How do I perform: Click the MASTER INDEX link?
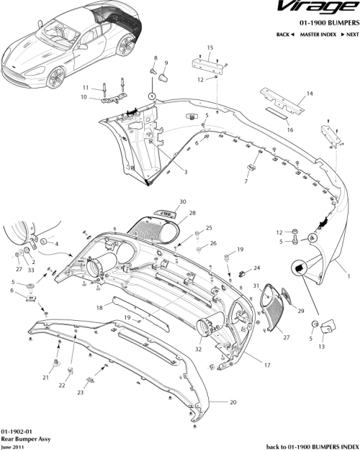(317, 35)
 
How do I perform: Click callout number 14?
(310, 94)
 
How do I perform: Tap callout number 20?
(233, 402)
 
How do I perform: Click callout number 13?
(321, 346)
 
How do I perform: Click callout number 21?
(45, 377)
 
